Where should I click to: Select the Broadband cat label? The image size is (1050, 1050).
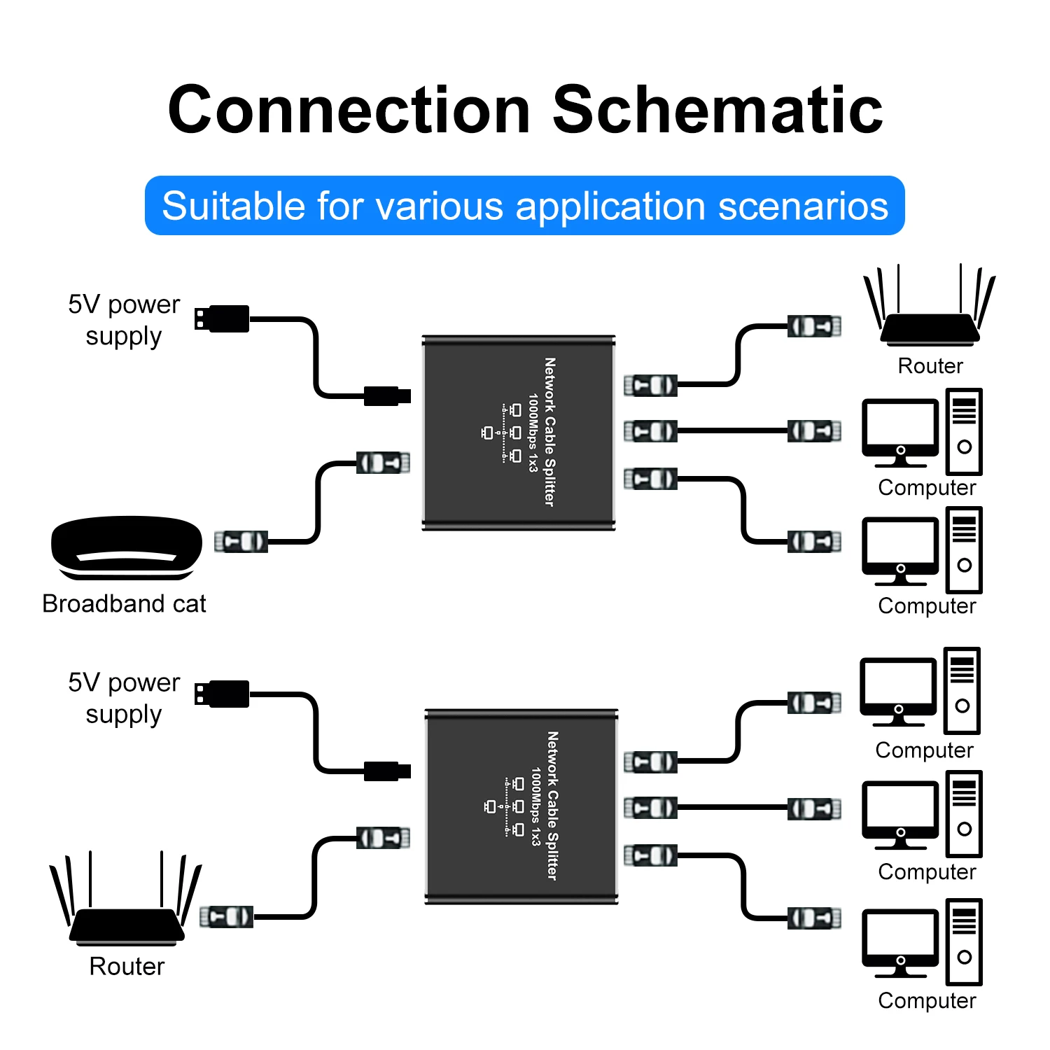pos(124,603)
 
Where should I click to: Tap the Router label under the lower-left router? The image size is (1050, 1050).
pos(127,966)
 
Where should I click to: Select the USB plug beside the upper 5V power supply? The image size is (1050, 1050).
pos(222,318)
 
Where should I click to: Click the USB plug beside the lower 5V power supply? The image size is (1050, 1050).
pos(222,694)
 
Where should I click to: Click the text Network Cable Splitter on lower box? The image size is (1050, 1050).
pos(552,806)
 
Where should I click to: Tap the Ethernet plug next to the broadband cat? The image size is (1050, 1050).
pos(241,541)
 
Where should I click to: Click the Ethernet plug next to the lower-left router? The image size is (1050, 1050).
pos(226,916)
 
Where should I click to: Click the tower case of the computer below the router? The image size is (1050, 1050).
pos(964,432)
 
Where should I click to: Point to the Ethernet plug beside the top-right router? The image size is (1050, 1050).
pos(814,326)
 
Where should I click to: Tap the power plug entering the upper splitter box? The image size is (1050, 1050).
pos(386,396)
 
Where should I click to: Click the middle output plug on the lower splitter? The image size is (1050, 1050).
pos(650,808)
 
